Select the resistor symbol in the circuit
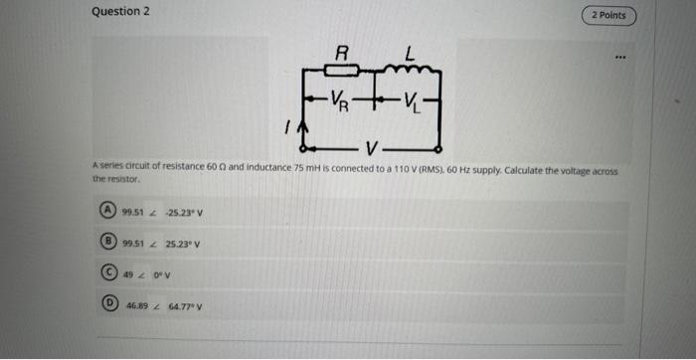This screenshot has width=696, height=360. point(343,71)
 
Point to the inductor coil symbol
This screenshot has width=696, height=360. point(409,69)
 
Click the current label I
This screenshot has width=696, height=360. point(286,128)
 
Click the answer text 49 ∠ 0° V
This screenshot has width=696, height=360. point(147,274)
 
